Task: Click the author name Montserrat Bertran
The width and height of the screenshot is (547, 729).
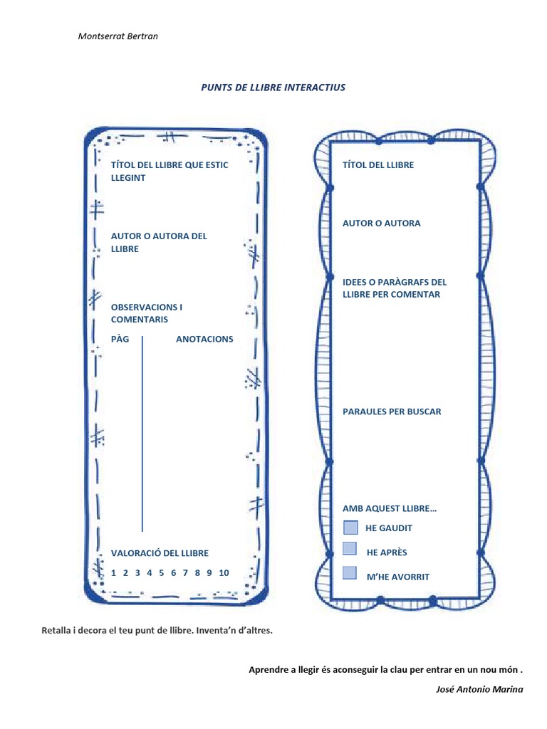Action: coord(118,36)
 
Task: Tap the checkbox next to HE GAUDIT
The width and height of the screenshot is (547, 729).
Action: coord(350,528)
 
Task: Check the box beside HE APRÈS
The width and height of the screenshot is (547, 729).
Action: coord(350,548)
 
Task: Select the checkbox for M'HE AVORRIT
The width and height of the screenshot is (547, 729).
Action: coord(350,572)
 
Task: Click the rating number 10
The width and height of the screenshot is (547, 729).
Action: coord(224,572)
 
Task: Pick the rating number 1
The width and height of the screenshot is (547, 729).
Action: coord(113,572)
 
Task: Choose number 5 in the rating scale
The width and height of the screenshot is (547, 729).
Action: coord(162,572)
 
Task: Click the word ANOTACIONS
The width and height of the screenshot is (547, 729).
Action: coord(204,339)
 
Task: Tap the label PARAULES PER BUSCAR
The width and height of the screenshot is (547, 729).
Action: coord(392,411)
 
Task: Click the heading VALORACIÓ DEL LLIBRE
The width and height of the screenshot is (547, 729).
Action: coord(160,553)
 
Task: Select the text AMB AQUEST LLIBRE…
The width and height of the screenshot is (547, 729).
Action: coord(390,509)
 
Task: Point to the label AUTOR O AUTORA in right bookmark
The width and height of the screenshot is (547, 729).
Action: coord(381,224)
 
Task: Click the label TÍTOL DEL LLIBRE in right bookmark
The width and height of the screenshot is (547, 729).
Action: coord(378,165)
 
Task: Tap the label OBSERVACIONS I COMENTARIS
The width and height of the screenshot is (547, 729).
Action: coord(146,313)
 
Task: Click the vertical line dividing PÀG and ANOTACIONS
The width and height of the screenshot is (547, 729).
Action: coord(142,434)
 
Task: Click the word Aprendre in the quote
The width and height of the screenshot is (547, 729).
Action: coord(270,670)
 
